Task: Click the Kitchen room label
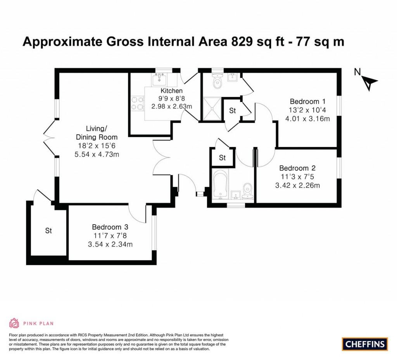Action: [171, 91]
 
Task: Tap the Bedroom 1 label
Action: [307, 102]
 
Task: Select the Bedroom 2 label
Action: [297, 168]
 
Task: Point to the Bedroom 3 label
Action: [110, 227]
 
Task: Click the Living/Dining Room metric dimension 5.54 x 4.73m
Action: [97, 154]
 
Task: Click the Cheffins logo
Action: [365, 344]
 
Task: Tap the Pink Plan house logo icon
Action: [14, 323]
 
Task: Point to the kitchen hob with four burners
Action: [138, 103]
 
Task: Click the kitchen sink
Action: [159, 79]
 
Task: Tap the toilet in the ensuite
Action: [217, 81]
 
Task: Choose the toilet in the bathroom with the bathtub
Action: [247, 191]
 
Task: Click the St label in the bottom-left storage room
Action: [48, 231]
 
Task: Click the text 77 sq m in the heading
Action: [320, 42]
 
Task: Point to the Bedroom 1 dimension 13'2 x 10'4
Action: [307, 110]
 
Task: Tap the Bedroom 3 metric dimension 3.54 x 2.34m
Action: [110, 244]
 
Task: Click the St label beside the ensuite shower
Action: [233, 111]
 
